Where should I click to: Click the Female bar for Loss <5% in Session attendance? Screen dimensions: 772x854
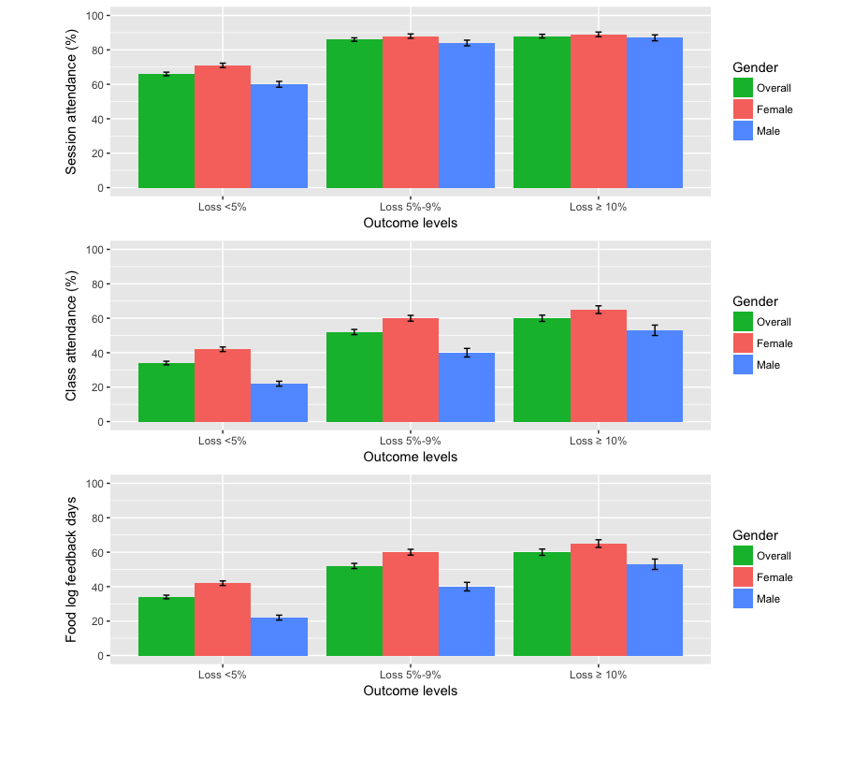pos(223,126)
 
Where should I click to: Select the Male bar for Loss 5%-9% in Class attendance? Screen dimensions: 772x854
pos(467,387)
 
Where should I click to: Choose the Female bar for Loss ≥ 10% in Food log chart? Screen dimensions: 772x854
pos(598,600)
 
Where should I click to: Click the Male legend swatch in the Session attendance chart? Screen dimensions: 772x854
pos(743,131)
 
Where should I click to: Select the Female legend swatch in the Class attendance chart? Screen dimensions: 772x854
pos(743,343)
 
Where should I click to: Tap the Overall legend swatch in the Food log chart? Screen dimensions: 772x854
pos(743,556)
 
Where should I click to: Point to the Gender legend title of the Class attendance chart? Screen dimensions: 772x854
pos(755,301)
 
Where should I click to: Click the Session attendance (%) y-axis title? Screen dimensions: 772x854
pos(71,102)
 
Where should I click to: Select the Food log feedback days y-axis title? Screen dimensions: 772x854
pos(71,569)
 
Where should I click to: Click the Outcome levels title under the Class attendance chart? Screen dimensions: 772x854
pos(410,457)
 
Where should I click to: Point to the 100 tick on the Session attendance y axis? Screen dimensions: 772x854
pos(95,16)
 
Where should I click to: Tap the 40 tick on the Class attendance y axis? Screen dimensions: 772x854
pos(98,353)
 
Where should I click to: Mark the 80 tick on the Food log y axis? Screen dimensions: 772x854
pos(98,518)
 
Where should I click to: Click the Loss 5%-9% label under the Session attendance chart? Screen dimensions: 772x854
pos(410,207)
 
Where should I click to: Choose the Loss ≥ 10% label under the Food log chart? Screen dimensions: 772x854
pos(598,675)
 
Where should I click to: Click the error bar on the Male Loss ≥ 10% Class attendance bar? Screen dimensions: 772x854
pos(655,330)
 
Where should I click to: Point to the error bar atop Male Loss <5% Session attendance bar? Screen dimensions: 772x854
pos(279,84)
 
